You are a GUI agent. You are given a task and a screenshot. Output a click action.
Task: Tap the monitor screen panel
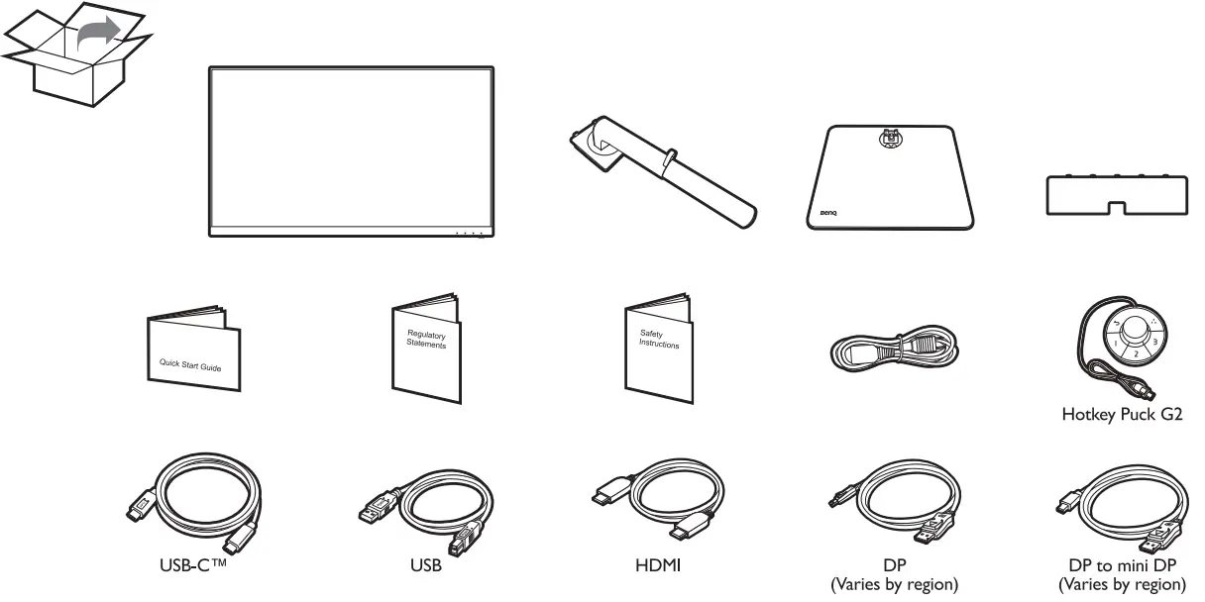coord(352,149)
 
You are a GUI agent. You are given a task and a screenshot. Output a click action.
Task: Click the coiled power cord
coord(892,351)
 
